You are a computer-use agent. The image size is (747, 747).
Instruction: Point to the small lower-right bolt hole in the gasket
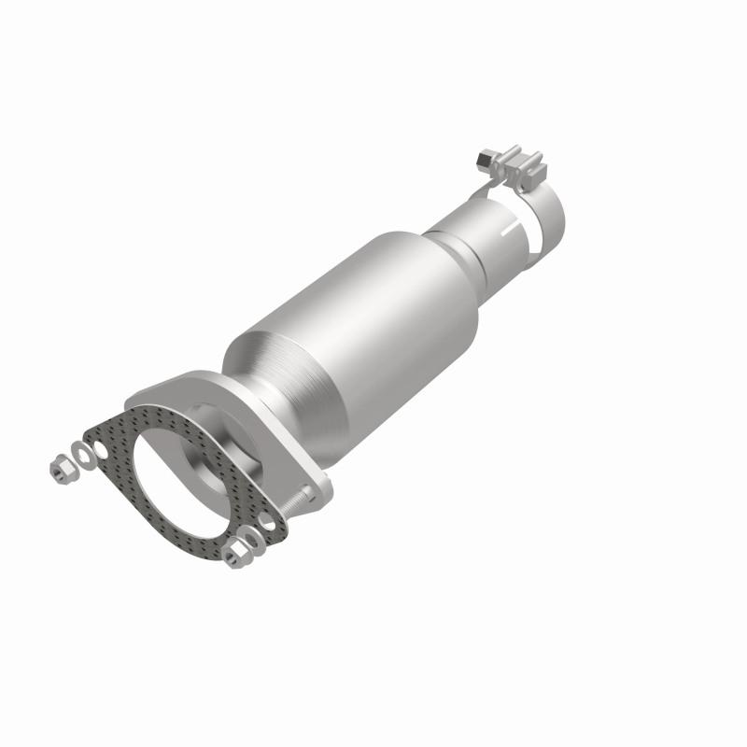[268, 519]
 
